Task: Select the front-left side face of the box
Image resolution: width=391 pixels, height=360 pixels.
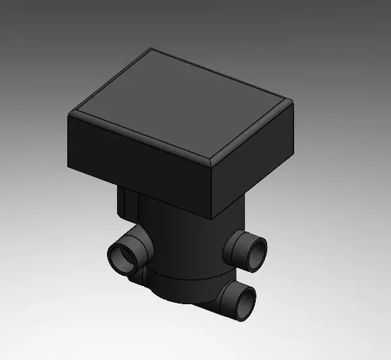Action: (135, 155)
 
